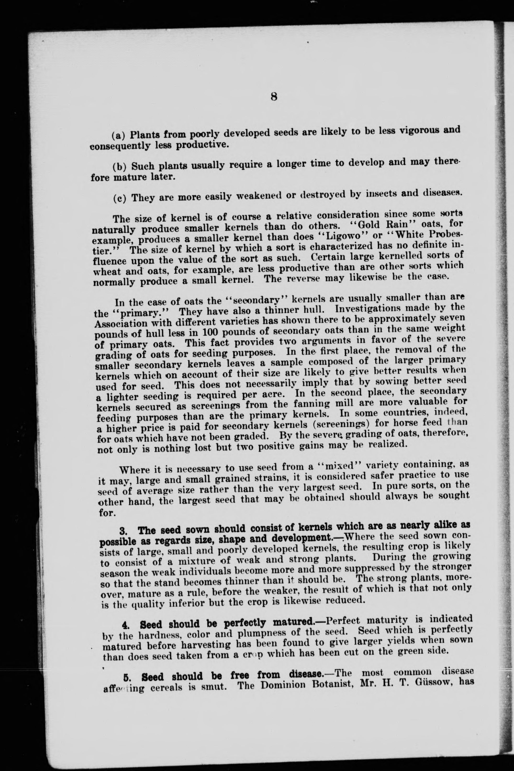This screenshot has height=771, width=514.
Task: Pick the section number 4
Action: pos(125,625)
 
